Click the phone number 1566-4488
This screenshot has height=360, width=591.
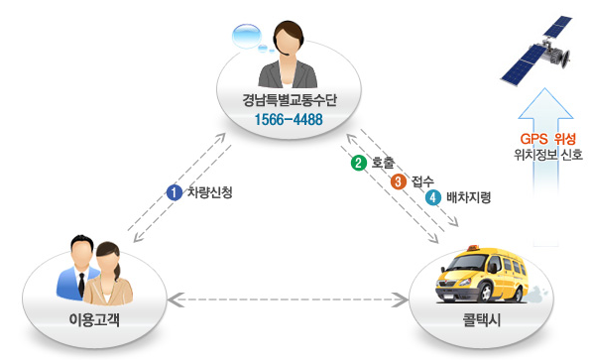pyautogui.click(x=289, y=119)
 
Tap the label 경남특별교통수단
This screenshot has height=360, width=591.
pyautogui.click(x=290, y=100)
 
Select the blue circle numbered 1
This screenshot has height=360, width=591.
pyautogui.click(x=175, y=192)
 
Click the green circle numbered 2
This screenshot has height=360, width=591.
pyautogui.click(x=359, y=163)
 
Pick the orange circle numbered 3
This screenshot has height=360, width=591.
pyautogui.click(x=399, y=181)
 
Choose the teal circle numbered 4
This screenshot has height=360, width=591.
pyautogui.click(x=433, y=197)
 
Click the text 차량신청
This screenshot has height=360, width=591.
pyautogui.click(x=210, y=192)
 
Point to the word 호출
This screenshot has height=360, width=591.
pyautogui.click(x=383, y=163)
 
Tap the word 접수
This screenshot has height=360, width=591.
pyautogui.click(x=422, y=181)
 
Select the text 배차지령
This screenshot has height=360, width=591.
pyautogui.click(x=468, y=197)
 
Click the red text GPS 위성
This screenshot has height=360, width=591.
pyautogui.click(x=548, y=139)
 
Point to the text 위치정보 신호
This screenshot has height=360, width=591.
pyautogui.click(x=548, y=155)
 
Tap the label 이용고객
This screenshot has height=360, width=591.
pyautogui.click(x=94, y=320)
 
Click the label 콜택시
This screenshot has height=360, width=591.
pyautogui.click(x=482, y=320)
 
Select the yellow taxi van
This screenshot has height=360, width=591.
pyautogui.click(x=483, y=275)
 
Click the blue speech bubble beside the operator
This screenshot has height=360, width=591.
pyautogui.click(x=247, y=36)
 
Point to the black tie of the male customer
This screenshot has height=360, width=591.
pyautogui.click(x=81, y=285)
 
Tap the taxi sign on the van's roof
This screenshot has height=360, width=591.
pyautogui.click(x=473, y=248)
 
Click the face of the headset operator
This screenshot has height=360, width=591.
pyautogui.click(x=288, y=42)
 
